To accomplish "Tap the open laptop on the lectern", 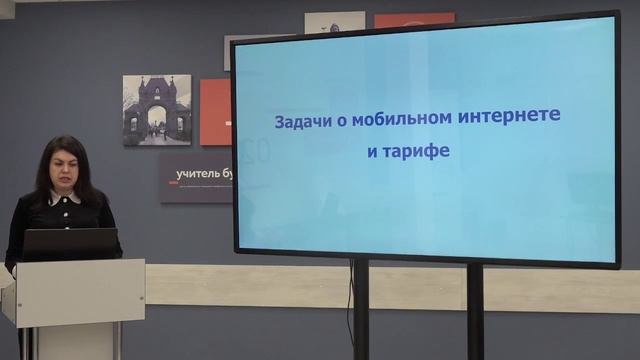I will click(x=70, y=243).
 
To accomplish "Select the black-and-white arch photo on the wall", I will click(x=156, y=110).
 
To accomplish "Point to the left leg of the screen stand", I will click(x=360, y=310).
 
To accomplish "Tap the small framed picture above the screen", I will click(x=334, y=22).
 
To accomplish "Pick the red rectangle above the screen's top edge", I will click(x=413, y=19).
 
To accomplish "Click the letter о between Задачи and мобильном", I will click(x=341, y=119).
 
